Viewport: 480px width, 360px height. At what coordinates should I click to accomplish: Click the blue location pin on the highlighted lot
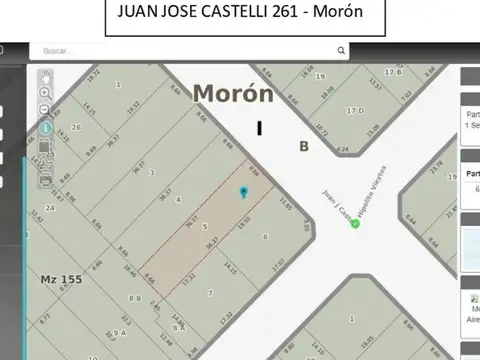[x=243, y=191]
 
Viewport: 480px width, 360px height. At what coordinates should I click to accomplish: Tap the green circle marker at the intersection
[x=355, y=223]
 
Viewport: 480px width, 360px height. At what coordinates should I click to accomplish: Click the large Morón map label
[x=232, y=93]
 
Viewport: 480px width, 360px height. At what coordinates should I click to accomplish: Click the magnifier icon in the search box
[x=341, y=50]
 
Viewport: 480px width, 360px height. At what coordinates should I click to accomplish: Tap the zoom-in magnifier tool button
[x=44, y=92]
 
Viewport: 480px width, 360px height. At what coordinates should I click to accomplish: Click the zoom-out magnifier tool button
[x=44, y=110]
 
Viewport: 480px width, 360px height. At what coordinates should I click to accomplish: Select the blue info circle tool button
[x=44, y=128]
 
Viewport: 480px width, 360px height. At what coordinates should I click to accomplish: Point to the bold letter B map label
[x=302, y=146]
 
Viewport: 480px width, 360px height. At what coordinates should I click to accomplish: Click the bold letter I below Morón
[x=259, y=128]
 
